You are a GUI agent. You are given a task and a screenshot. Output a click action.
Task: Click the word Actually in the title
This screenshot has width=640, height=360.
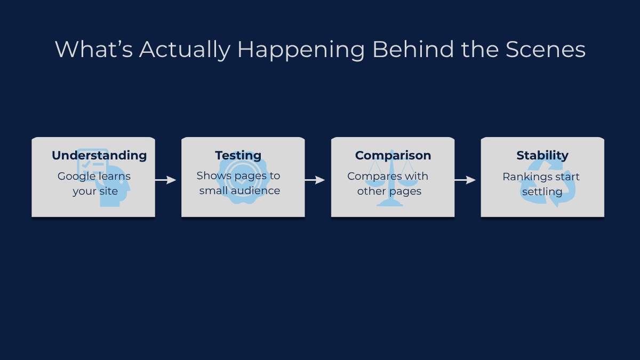tap(185, 50)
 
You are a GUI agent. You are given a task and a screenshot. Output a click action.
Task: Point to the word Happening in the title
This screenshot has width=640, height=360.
tap(301, 50)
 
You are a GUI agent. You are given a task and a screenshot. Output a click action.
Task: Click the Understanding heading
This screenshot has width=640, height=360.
tap(99, 155)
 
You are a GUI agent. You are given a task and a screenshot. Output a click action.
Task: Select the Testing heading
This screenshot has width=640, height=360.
tap(238, 155)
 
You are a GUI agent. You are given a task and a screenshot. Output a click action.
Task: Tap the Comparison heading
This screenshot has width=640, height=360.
tap(393, 155)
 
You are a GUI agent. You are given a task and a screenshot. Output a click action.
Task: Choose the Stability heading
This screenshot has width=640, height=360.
tap(542, 155)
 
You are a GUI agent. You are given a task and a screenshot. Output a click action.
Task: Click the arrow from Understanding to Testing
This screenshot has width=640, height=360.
tap(165, 180)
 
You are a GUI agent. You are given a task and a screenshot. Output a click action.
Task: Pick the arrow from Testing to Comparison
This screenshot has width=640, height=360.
tap(315, 180)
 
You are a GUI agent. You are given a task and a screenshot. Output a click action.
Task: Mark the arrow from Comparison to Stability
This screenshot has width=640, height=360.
tap(465, 180)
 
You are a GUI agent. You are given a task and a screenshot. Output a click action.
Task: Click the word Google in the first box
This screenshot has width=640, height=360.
tap(77, 176)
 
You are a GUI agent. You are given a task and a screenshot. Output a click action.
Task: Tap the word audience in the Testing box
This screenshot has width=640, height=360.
tap(259, 190)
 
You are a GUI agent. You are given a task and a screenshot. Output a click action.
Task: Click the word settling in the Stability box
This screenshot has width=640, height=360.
tap(542, 191)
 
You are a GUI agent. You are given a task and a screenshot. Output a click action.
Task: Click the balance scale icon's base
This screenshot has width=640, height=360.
tap(390, 204)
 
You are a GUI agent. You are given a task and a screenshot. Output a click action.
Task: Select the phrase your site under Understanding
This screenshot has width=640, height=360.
tap(95, 191)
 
